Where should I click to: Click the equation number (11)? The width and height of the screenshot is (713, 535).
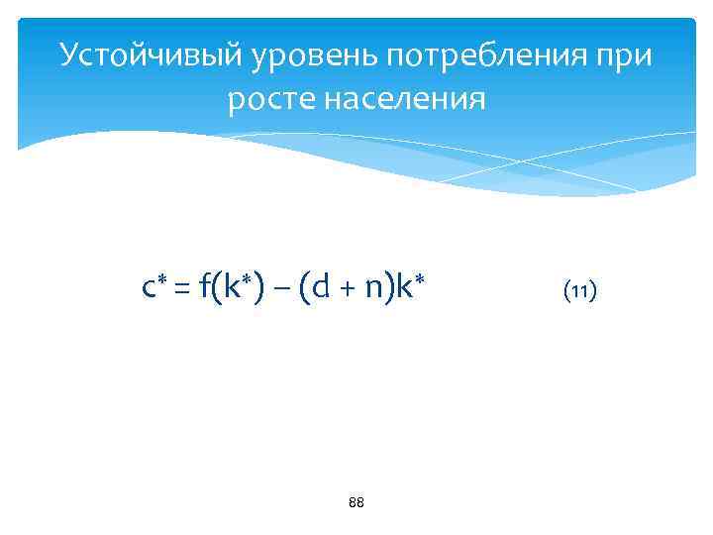[x=579, y=291]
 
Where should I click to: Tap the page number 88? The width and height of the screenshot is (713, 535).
[x=356, y=503]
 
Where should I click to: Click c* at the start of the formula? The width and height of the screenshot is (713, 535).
[x=154, y=289]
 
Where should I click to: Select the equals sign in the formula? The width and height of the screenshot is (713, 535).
[x=183, y=290]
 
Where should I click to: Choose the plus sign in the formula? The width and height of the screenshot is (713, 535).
[x=346, y=290]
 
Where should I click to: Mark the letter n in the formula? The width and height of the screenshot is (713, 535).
[x=372, y=290]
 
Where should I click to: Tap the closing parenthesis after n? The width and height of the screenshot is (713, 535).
[x=388, y=289]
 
